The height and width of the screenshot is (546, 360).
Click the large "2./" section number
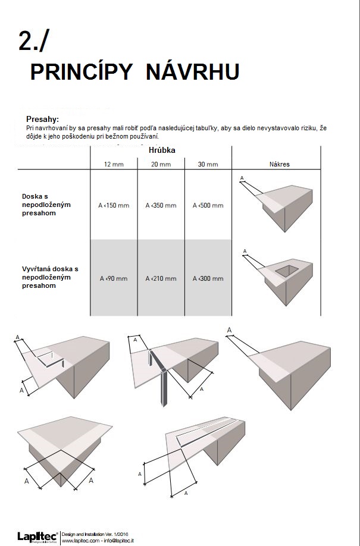coord(35,41)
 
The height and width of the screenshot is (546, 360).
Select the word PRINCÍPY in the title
coord(82,72)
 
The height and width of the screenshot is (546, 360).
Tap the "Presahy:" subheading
coord(42,119)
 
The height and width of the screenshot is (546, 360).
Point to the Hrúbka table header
coord(161,151)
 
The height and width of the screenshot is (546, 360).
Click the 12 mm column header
coord(114,164)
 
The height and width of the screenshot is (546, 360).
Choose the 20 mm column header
coord(161,164)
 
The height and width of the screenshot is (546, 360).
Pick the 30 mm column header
coord(208,164)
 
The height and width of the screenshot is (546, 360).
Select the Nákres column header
coord(279,164)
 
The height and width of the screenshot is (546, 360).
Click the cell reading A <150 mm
coord(114,206)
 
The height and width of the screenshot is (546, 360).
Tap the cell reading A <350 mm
coord(161,206)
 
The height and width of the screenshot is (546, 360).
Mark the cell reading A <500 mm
coord(208,206)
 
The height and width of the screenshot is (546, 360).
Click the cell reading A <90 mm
coord(114,278)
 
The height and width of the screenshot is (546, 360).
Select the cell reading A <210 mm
coord(161,278)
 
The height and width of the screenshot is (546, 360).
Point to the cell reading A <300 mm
coord(208,278)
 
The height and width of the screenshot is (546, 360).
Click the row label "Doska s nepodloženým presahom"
coord(46,205)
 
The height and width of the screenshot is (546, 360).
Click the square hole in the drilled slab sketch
coord(284,271)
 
